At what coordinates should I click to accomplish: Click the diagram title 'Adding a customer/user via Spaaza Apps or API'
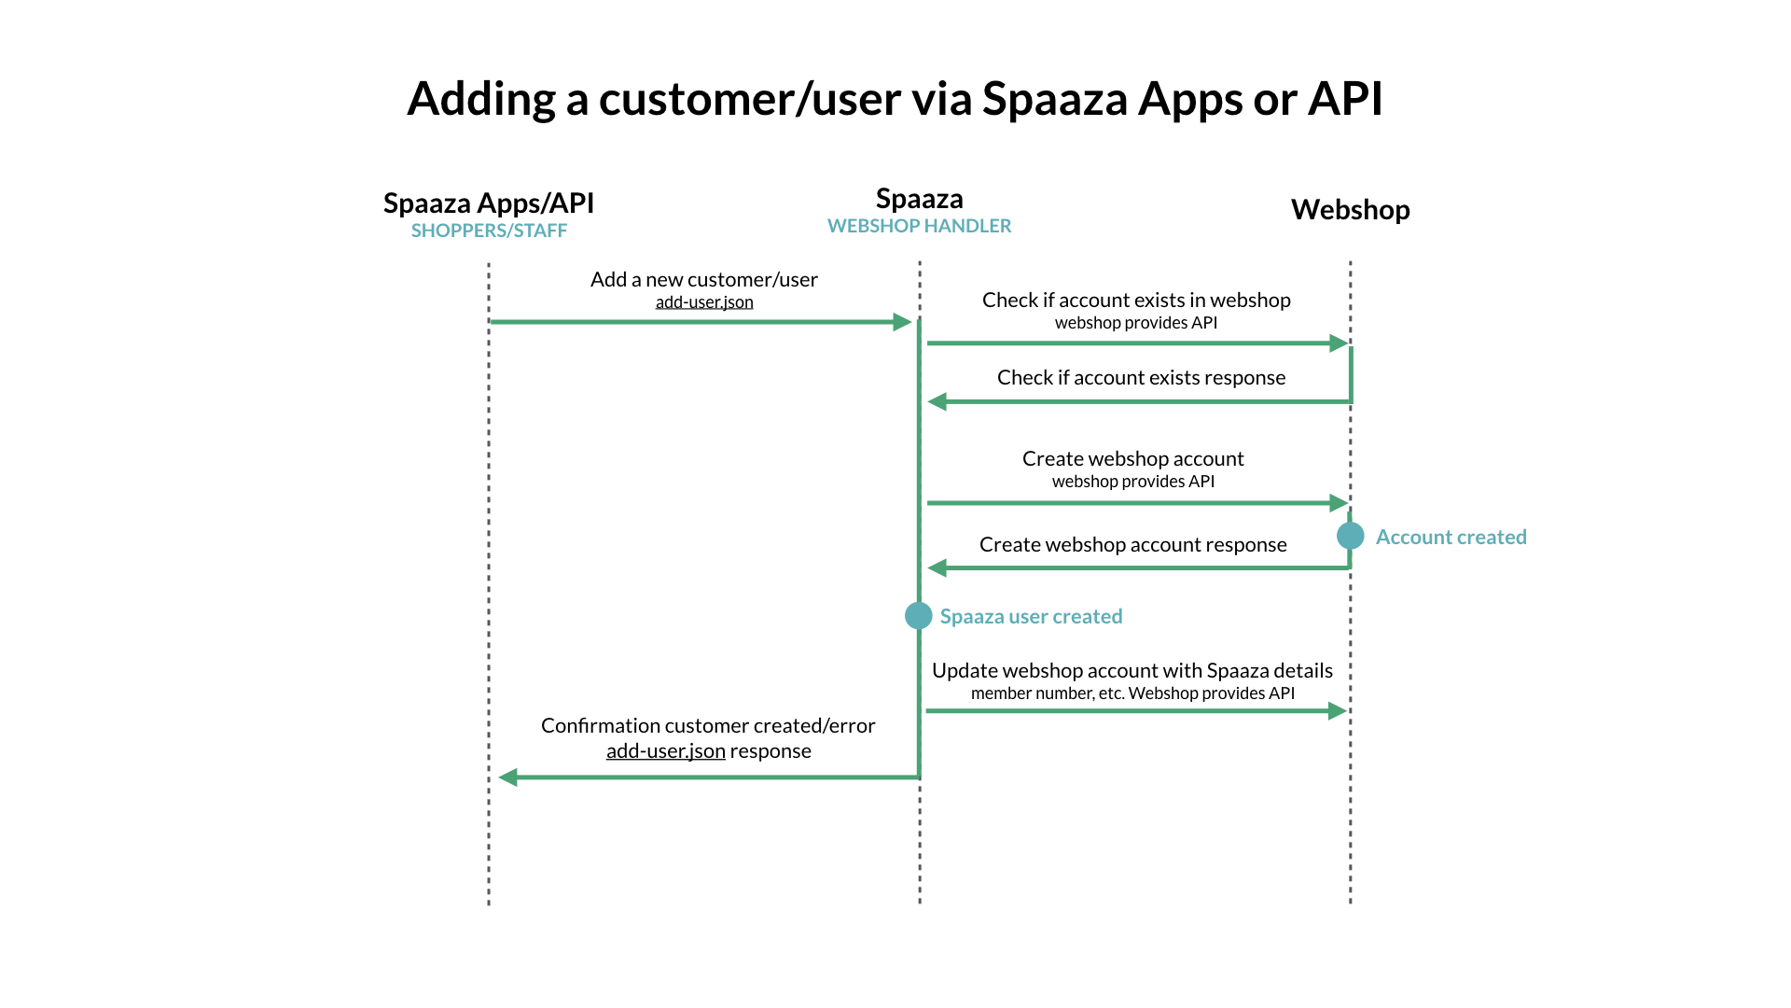pos(895,99)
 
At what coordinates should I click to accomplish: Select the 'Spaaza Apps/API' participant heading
pos(488,203)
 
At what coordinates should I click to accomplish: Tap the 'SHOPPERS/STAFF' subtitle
pos(489,231)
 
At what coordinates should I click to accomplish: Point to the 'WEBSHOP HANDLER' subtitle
pos(919,226)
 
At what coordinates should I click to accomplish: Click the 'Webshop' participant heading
pos(1350,210)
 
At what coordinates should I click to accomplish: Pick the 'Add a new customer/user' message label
pos(703,279)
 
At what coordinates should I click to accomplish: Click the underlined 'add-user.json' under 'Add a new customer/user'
pos(704,302)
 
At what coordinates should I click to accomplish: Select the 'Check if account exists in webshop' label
pos(1136,300)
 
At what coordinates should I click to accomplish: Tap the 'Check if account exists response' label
pos(1141,377)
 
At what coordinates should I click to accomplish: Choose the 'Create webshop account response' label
pos(1132,544)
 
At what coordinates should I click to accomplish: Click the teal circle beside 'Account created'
pos(1350,536)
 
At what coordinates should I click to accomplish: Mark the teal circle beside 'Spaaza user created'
pos(919,616)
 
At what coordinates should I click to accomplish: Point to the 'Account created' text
pos(1451,538)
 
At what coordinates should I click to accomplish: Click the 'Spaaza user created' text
pos(1031,617)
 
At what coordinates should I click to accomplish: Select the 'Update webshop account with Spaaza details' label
pos(1132,670)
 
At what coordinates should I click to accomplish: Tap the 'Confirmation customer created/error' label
pos(708,725)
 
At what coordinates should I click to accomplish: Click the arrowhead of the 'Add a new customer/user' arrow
pos(902,322)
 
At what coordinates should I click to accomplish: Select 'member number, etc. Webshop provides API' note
pos(1132,693)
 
